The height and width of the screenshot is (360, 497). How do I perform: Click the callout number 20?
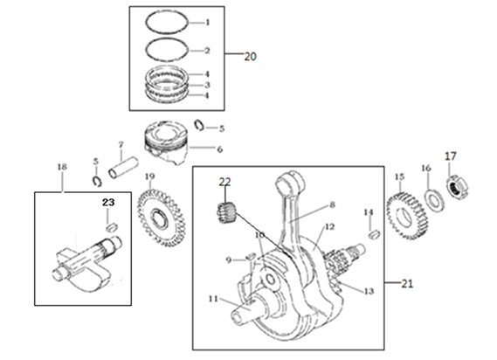click(x=250, y=57)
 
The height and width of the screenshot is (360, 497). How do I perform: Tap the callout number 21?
click(x=407, y=284)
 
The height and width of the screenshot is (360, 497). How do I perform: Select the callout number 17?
click(x=451, y=156)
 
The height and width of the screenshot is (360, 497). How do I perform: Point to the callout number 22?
click(x=224, y=182)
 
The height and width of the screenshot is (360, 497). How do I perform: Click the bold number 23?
click(x=108, y=202)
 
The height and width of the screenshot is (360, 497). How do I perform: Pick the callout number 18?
click(x=62, y=167)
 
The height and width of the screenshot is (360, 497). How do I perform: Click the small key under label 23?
click(x=111, y=227)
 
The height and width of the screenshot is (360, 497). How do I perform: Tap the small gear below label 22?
click(x=226, y=213)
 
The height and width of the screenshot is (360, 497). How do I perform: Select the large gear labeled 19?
click(x=162, y=218)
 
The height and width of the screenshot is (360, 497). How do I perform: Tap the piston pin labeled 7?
click(x=124, y=167)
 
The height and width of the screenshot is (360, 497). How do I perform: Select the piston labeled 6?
click(x=166, y=142)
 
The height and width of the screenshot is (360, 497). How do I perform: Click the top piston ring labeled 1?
click(x=168, y=22)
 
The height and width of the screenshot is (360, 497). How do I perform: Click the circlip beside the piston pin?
click(x=96, y=181)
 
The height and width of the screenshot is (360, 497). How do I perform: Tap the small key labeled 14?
click(x=375, y=234)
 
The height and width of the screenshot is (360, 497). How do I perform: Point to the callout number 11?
click(x=213, y=299)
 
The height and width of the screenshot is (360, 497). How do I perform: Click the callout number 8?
click(x=332, y=204)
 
